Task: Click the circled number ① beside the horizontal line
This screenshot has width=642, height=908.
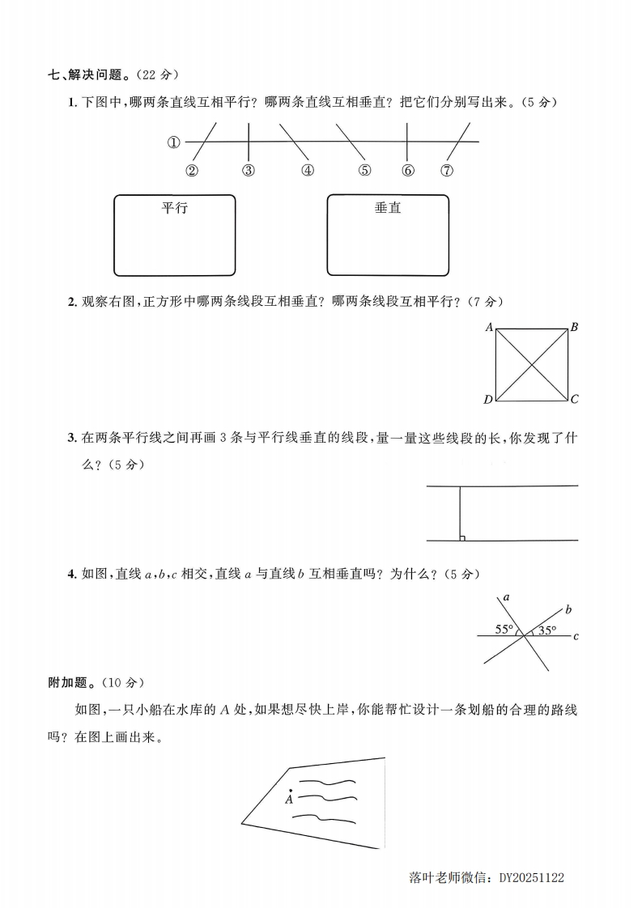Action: (173, 142)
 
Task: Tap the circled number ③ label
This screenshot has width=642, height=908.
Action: (249, 170)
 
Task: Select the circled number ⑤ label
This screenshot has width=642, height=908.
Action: (364, 170)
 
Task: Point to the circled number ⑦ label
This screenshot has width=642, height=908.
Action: (447, 170)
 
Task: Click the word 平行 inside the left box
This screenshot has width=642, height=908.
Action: (174, 208)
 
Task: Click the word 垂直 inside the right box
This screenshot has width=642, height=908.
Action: (388, 208)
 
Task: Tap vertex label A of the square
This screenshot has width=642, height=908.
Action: (489, 328)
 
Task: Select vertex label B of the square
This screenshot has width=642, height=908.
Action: (573, 328)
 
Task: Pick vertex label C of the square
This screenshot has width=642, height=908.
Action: (573, 399)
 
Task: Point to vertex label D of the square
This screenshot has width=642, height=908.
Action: (488, 399)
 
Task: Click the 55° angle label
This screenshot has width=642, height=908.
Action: (505, 629)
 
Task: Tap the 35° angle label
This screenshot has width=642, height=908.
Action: (547, 630)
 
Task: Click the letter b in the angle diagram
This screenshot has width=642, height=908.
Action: (568, 609)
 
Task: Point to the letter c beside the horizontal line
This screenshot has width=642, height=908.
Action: (576, 637)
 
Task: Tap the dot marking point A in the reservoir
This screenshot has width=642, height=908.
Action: (290, 789)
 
